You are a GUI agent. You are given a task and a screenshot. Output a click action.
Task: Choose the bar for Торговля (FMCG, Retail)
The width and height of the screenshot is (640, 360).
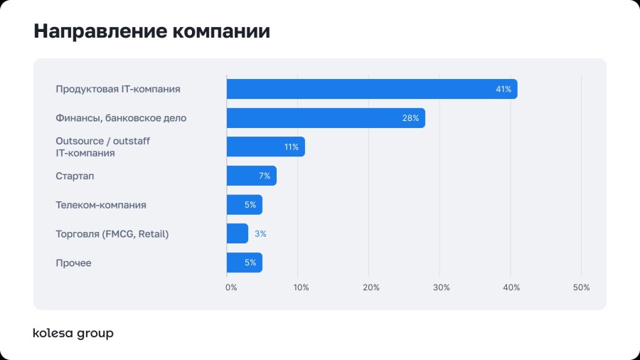pyautogui.click(x=237, y=233)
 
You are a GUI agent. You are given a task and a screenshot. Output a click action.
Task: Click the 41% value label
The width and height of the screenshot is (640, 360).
pyautogui.click(x=503, y=89)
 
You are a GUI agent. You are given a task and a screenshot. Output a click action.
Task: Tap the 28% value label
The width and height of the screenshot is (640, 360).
pyautogui.click(x=410, y=118)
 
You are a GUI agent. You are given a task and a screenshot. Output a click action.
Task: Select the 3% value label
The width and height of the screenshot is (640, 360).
pyautogui.click(x=260, y=233)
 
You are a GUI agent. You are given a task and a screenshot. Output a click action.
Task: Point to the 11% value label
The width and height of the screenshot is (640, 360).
pyautogui.click(x=291, y=147)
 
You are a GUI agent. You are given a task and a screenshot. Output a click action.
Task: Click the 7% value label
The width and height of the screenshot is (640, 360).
pyautogui.click(x=265, y=176)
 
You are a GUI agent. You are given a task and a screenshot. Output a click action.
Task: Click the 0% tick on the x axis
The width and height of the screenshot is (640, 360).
pyautogui.click(x=231, y=287)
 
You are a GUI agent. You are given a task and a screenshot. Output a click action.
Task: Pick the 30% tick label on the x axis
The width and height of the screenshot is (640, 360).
pyautogui.click(x=441, y=287)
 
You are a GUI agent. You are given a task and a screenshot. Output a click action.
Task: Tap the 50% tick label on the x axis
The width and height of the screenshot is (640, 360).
pyautogui.click(x=581, y=287)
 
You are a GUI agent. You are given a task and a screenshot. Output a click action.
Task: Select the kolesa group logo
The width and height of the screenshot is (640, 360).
pyautogui.click(x=73, y=333)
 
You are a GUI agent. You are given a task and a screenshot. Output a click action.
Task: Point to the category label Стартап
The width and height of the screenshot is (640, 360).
pyautogui.click(x=75, y=176)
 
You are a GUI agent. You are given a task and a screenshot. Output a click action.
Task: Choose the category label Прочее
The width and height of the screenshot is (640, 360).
pyautogui.click(x=73, y=263)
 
